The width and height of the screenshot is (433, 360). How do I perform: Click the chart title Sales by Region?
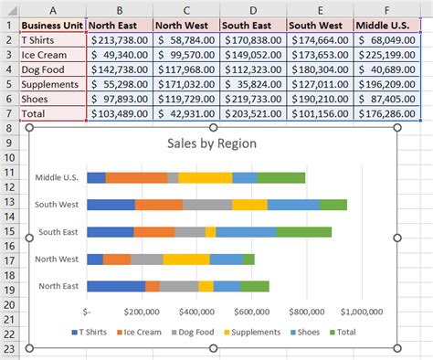(x=212, y=143)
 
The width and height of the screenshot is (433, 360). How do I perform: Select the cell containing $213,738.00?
(x=120, y=41)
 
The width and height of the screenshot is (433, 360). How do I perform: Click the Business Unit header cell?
(x=53, y=26)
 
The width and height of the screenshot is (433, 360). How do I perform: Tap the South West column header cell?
(x=319, y=26)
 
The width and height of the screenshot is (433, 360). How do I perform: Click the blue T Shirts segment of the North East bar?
(x=115, y=286)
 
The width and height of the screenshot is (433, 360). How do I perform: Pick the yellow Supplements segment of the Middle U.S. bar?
(x=205, y=178)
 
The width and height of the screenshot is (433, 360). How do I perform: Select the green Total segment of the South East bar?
(x=304, y=233)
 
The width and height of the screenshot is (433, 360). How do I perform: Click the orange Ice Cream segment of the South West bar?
(x=158, y=205)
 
